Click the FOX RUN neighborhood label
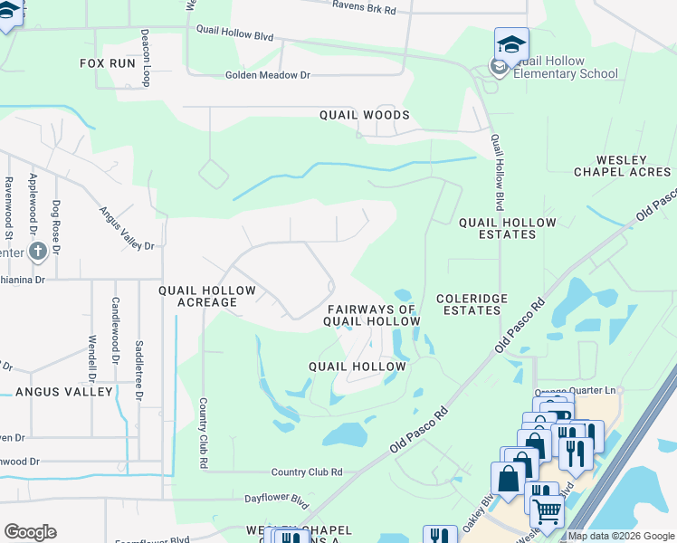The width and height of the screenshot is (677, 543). point(107,63)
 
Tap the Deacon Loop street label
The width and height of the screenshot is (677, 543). point(145,56)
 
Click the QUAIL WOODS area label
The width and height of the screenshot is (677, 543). point(364,115)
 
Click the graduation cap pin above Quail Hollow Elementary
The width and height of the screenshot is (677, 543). point(511,43)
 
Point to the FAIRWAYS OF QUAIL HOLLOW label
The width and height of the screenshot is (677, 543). point(372,315)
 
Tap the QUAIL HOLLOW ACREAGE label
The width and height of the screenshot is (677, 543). point(208,296)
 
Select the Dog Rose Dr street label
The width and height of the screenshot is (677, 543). point(56,226)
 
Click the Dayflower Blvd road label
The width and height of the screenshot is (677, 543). point(277,499)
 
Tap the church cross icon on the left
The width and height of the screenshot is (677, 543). point(37,251)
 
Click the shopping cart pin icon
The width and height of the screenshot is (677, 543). point(546,511)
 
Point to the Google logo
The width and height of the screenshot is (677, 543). point(30,532)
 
